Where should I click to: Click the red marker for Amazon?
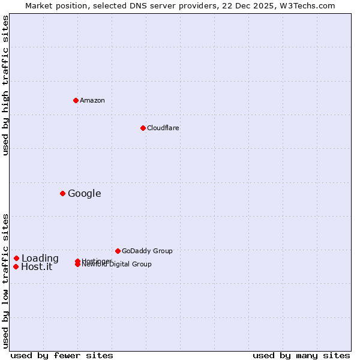(x=76, y=100)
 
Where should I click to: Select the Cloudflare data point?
(x=143, y=128)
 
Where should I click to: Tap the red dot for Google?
(x=62, y=193)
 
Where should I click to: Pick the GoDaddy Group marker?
(x=118, y=251)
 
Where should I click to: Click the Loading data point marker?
(x=17, y=258)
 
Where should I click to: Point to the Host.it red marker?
(x=16, y=266)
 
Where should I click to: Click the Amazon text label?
(x=92, y=100)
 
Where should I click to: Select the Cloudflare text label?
(x=163, y=128)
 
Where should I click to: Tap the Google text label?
(x=84, y=193)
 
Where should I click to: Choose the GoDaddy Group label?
(x=147, y=251)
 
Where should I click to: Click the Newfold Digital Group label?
(x=118, y=265)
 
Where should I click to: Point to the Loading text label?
(x=40, y=259)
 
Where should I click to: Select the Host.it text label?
(x=37, y=267)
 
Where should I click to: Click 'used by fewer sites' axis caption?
(x=62, y=355)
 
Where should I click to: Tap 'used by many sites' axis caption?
(x=301, y=355)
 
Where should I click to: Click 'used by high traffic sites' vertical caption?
(x=5, y=85)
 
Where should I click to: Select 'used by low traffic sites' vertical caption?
(x=5, y=280)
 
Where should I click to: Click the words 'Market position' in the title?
(x=52, y=5)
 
